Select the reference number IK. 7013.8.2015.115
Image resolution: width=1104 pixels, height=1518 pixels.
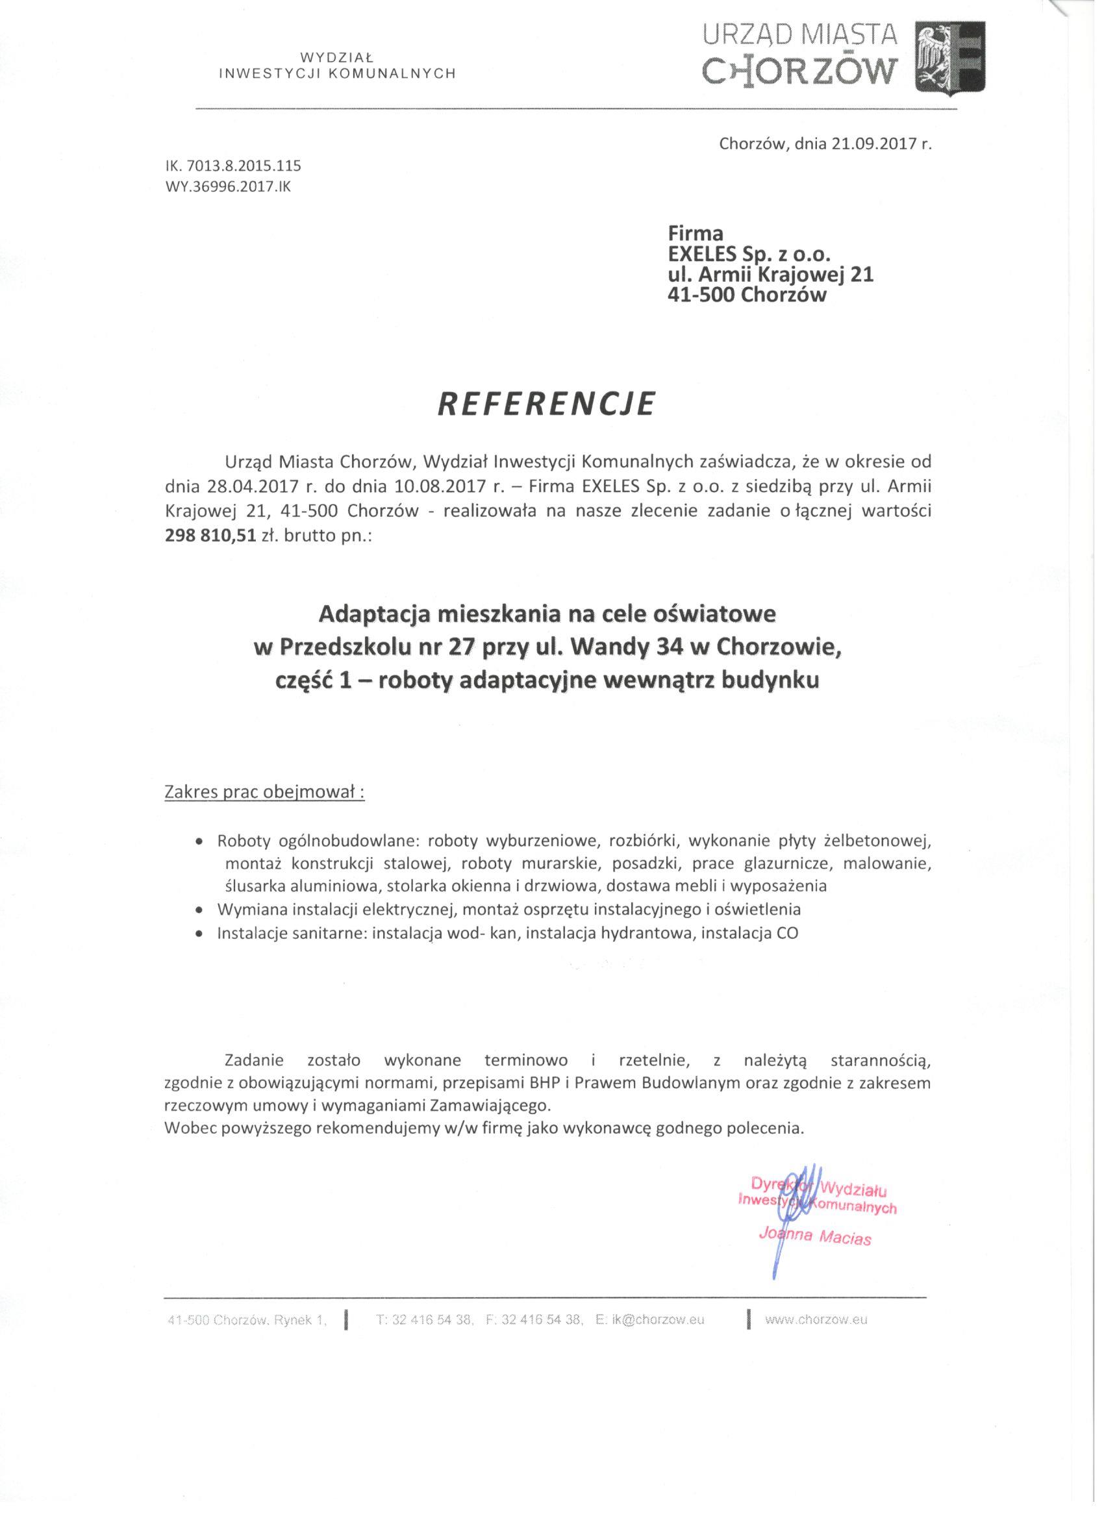(x=232, y=165)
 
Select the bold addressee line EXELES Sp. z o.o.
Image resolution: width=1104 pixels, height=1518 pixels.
(x=749, y=255)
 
